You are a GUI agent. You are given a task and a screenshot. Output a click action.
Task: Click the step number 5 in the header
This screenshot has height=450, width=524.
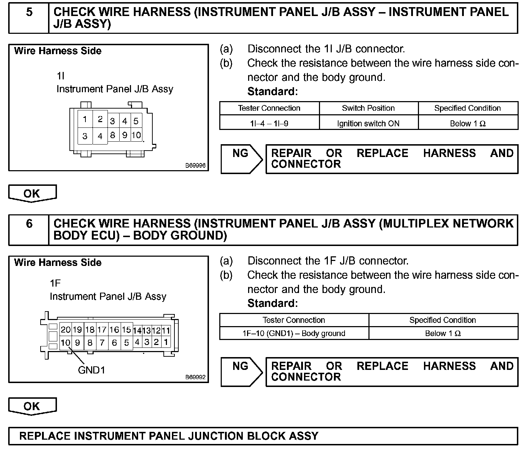coord(29,12)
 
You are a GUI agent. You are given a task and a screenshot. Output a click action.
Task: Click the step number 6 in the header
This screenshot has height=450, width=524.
coord(29,224)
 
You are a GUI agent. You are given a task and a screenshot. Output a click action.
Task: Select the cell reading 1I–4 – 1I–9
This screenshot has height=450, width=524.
coord(269,124)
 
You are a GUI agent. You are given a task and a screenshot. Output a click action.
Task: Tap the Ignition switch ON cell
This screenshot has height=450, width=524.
coord(368,124)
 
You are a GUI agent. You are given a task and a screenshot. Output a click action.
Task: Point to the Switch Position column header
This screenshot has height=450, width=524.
coord(368,108)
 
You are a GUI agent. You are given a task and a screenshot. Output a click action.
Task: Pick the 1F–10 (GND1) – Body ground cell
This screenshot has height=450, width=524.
coord(294,334)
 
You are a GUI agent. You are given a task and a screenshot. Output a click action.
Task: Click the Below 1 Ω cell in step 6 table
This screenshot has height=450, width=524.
coord(443,334)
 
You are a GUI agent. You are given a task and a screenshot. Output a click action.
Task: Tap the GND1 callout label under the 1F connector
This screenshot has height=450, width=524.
coord(91,370)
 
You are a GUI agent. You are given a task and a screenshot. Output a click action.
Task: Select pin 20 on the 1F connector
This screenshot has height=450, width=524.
coord(65,330)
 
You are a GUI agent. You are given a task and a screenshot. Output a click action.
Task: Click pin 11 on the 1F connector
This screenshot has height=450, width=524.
coord(166,330)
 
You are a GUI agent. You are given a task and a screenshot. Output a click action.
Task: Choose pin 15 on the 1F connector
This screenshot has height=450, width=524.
coord(126,330)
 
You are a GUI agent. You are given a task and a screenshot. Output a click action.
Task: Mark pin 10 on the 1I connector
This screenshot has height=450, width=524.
coord(136,135)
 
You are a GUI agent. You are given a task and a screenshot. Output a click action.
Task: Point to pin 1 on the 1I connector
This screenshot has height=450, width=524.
coord(85,119)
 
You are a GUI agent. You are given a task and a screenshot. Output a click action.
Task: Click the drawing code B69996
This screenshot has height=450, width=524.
coord(195,166)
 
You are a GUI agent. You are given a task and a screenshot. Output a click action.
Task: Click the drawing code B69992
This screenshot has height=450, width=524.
coord(195,377)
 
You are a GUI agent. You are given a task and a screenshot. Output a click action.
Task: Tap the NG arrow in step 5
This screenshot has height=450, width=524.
coord(241,159)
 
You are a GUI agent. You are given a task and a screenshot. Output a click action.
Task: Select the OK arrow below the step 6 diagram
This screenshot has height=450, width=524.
coord(32,406)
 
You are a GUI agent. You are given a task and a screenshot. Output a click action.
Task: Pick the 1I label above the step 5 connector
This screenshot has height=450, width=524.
coord(61,76)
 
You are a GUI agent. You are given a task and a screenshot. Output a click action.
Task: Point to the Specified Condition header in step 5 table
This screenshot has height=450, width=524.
coord(467,108)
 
